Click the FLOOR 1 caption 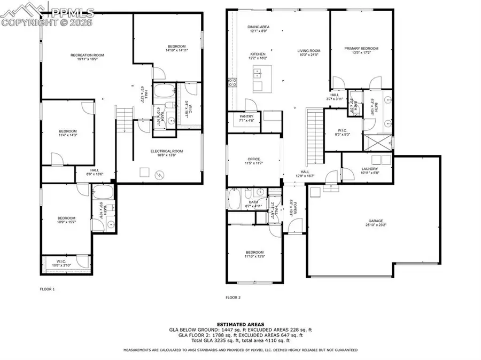[x=47, y=289]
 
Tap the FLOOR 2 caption [x=233, y=298]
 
